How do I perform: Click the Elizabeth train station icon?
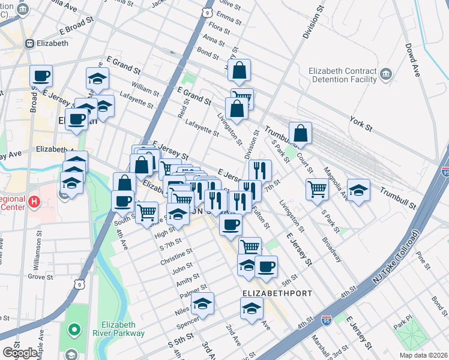28,43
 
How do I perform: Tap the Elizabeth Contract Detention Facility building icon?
385,74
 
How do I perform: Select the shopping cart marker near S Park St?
317,190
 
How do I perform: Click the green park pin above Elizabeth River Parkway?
74,329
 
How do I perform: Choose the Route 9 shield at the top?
207,12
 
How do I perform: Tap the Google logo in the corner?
20,352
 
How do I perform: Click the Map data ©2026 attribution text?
423,355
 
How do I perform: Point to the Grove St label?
40,277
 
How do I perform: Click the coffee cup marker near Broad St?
41,76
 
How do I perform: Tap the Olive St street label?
230,7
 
